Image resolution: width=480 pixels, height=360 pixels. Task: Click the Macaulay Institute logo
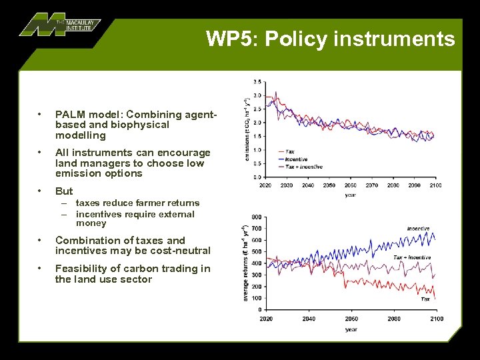pos(59,24)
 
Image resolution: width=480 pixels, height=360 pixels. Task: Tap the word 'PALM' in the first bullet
pos(70,114)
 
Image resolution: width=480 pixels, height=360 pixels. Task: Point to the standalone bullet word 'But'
pos(64,191)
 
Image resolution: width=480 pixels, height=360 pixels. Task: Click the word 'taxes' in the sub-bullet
pos(88,203)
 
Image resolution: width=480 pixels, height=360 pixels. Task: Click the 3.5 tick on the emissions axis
pos(257,82)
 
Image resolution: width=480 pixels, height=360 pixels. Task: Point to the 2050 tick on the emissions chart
pos(329,185)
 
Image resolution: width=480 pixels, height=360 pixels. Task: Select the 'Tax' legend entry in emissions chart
pos(290,152)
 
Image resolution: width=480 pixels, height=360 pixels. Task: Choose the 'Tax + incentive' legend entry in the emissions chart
pos(303,166)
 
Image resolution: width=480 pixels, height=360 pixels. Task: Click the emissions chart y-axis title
pos(247,129)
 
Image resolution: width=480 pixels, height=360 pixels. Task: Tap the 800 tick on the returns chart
pos(256,217)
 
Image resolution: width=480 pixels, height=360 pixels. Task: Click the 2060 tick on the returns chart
pos(351,319)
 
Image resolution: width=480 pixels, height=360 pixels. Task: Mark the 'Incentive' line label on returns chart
pos(418,229)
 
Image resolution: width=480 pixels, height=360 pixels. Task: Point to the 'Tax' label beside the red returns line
pos(425,299)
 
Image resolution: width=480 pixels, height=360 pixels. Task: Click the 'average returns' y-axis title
pos(246,263)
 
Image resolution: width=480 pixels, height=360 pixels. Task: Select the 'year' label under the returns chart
pos(351,329)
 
